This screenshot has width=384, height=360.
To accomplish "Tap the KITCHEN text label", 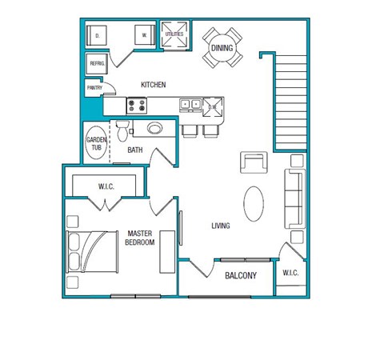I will [x=153, y=85].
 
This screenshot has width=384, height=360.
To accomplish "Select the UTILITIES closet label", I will [x=174, y=34].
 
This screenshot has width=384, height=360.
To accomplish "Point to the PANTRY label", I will [x=94, y=88].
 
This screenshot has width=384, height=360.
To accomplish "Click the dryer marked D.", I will [x=98, y=36].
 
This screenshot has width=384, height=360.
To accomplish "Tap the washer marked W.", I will [x=145, y=36].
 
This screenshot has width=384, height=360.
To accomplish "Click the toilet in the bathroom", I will [x=122, y=129].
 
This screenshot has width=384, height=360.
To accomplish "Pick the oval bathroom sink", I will [x=155, y=127].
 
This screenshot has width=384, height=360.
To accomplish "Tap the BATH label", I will [x=135, y=150].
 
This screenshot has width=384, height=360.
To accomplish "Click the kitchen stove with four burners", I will [x=136, y=104].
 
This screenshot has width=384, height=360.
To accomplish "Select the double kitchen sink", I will [x=190, y=104].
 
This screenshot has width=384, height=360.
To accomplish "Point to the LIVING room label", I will [x=220, y=226].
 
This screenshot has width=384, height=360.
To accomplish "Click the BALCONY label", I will [x=240, y=276].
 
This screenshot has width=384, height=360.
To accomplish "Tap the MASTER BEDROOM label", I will [x=140, y=238].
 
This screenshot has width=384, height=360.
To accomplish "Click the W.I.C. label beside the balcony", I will [x=290, y=274].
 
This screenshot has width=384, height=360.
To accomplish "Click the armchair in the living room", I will [x=254, y=163].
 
